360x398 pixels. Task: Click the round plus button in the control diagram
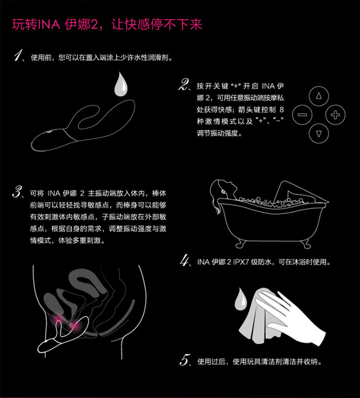pos(335,115)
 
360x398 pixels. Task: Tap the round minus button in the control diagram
pos(302,115)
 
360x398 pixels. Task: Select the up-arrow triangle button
pos(319,96)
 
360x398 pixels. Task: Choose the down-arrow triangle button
pos(319,133)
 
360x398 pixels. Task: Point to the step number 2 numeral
pos(184,84)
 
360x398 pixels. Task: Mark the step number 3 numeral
pos(18,192)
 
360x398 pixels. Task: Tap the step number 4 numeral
pos(184,260)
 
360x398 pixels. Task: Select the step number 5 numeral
pos(184,360)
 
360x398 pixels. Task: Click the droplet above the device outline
pos(121,84)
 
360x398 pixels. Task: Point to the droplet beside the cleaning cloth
pos(240,299)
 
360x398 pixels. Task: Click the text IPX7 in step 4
pos(241,262)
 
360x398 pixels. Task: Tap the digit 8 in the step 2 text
pos(281,109)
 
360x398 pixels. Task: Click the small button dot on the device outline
pos(49,132)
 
